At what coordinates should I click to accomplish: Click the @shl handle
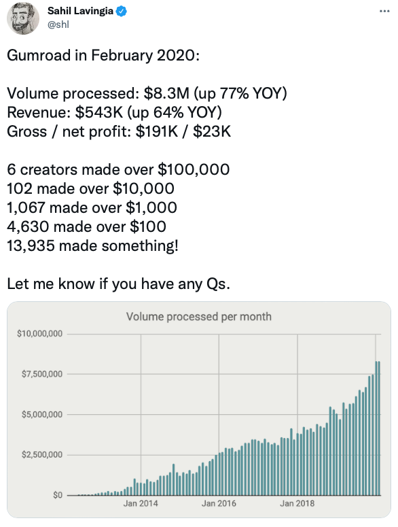coord(58,25)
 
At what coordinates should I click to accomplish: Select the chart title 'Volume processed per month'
coord(198,316)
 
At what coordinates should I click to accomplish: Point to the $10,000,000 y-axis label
coord(39,334)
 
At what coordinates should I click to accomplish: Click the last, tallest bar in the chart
coord(378,428)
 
